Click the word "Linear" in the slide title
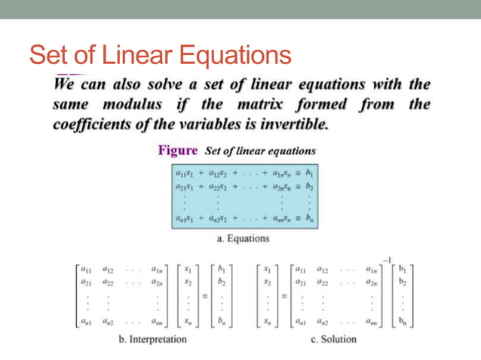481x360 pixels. coord(134,54)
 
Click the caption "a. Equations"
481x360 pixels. coord(242,239)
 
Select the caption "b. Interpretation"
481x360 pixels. coord(152,339)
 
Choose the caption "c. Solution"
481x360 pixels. coord(334,339)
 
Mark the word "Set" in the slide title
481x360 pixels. coord(50,54)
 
